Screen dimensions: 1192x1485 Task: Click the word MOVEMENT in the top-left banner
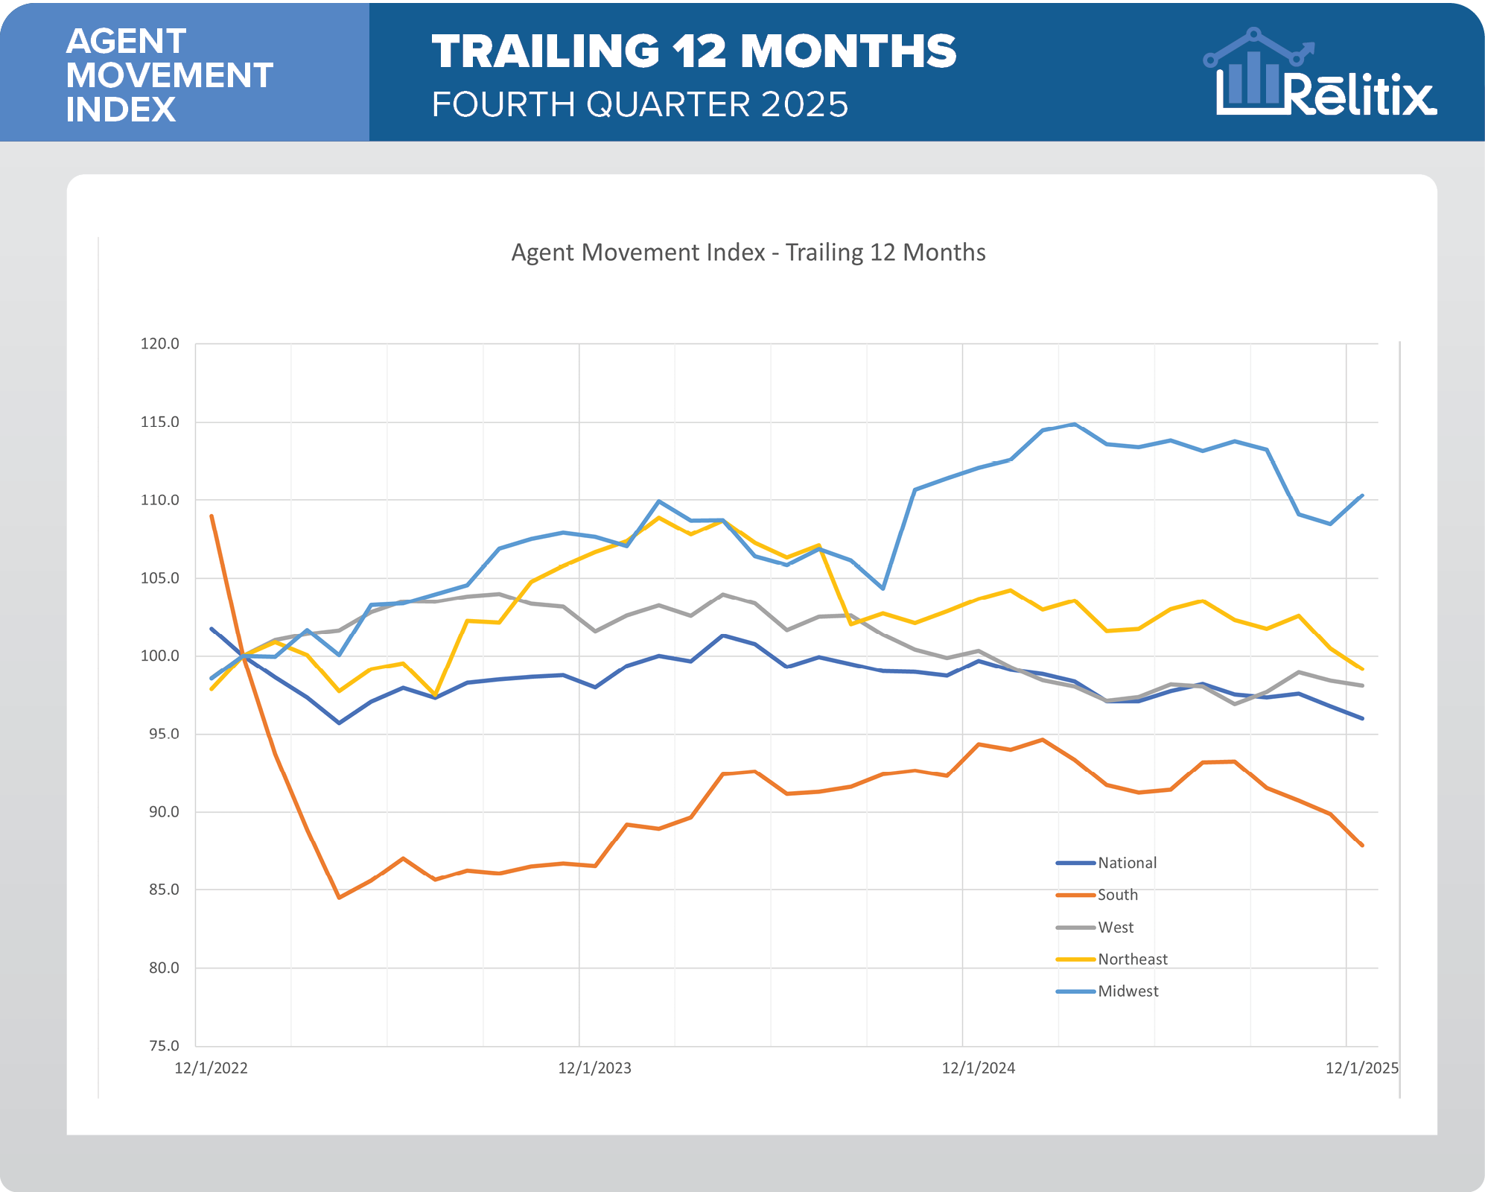tap(169, 75)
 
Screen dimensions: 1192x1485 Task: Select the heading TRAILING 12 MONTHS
tap(693, 52)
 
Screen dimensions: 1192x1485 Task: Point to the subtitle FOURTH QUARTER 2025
tap(640, 104)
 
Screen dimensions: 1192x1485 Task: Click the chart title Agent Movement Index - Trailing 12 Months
tap(748, 253)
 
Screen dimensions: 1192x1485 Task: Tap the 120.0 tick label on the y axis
tap(160, 343)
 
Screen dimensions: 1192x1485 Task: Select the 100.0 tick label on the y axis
tap(160, 656)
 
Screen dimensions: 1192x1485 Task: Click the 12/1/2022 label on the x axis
tap(211, 1068)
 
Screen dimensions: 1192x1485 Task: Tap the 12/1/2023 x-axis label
tap(594, 1068)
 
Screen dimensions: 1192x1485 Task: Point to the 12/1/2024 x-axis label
tap(978, 1068)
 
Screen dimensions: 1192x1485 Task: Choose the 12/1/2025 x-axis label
tap(1361, 1068)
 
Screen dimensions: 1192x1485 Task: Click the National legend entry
tap(1127, 863)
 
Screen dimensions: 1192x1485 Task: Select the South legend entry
tap(1117, 895)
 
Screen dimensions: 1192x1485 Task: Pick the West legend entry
tap(1116, 928)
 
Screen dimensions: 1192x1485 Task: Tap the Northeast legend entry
tap(1132, 960)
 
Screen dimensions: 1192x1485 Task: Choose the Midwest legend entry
tap(1128, 992)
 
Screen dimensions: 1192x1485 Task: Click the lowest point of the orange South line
tap(339, 898)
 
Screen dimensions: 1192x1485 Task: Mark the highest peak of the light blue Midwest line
tap(1074, 424)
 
